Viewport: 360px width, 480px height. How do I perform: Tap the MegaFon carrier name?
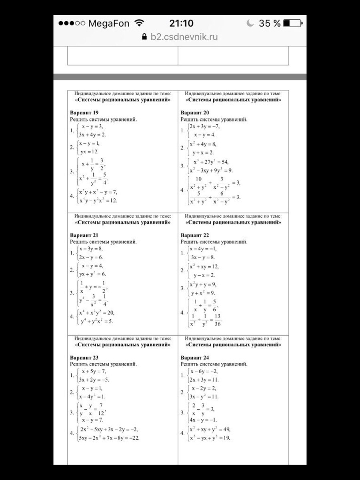pos(108,24)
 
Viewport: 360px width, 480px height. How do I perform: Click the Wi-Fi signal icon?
pos(139,23)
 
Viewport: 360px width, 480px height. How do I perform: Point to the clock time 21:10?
pos(181,24)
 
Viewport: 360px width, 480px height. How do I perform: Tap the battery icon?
pos(292,24)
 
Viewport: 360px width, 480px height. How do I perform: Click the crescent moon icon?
pos(250,23)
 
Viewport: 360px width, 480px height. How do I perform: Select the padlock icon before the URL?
pos(145,37)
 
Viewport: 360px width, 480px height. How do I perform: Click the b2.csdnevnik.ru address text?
pos(184,37)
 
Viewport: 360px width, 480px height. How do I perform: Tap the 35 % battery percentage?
pos(270,24)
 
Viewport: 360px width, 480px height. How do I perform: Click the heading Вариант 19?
pos(84,113)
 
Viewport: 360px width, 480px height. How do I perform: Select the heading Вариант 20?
pos(195,113)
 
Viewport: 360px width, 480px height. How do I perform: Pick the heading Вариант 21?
pos(84,235)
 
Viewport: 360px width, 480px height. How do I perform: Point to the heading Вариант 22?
pos(195,235)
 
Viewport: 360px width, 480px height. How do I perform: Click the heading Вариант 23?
pos(84,358)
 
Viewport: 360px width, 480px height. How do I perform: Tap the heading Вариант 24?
pos(195,358)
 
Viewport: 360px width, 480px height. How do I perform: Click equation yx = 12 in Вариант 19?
pos(89,152)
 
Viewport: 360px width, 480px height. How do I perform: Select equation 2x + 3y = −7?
pos(204,126)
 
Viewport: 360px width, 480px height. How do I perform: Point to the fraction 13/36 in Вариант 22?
pos(217,320)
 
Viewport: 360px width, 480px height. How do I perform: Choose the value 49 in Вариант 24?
pos(225,430)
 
